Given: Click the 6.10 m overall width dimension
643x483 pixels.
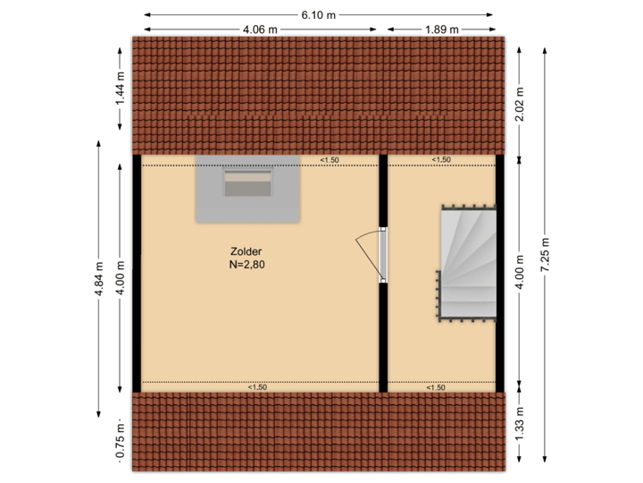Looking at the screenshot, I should pyautogui.click(x=319, y=14).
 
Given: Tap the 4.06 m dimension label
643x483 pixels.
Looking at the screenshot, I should pyautogui.click(x=260, y=30).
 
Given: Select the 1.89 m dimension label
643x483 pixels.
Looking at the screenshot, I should pyautogui.click(x=441, y=30).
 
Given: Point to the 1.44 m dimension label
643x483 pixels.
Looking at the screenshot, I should pyautogui.click(x=119, y=89).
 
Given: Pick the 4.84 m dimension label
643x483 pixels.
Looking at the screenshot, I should pyautogui.click(x=99, y=279).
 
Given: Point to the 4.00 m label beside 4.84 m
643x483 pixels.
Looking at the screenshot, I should pyautogui.click(x=120, y=279).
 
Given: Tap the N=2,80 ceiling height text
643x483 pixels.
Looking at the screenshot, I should pyautogui.click(x=247, y=265).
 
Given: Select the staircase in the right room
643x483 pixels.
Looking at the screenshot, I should pyautogui.click(x=467, y=263).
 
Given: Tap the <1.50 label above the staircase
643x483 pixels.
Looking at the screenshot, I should pyautogui.click(x=440, y=159).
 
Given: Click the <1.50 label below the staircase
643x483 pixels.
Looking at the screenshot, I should pyautogui.click(x=436, y=387).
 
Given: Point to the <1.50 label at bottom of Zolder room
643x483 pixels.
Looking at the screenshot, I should pyautogui.click(x=256, y=387).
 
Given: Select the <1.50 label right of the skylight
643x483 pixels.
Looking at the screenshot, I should pyautogui.click(x=330, y=159).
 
